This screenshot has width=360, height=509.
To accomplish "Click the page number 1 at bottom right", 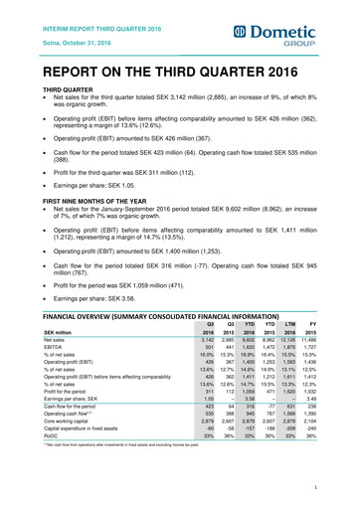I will point(340,486).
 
